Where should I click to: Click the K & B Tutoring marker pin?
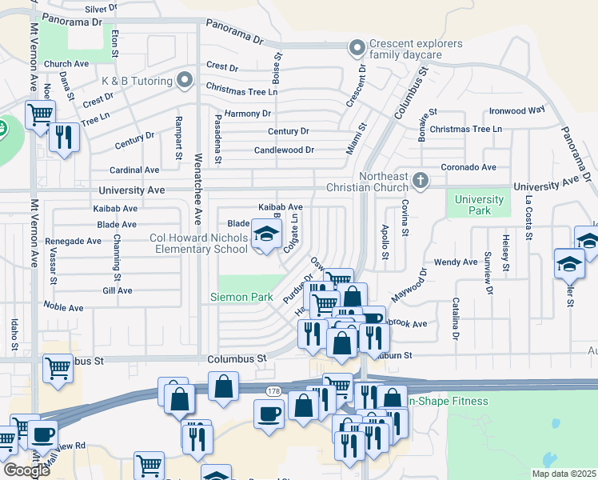pyautogui.click(x=185, y=79)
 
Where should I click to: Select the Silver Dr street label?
pyautogui.click(x=101, y=8)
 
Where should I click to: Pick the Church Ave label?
pyautogui.click(x=66, y=64)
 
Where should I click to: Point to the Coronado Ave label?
pyautogui.click(x=470, y=167)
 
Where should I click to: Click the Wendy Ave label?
pyautogui.click(x=456, y=262)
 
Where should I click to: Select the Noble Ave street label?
pyautogui.click(x=64, y=307)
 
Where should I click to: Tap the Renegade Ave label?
pyautogui.click(x=73, y=241)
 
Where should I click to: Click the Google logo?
pyautogui.click(x=26, y=470)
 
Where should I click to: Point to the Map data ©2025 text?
pyautogui.click(x=564, y=474)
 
